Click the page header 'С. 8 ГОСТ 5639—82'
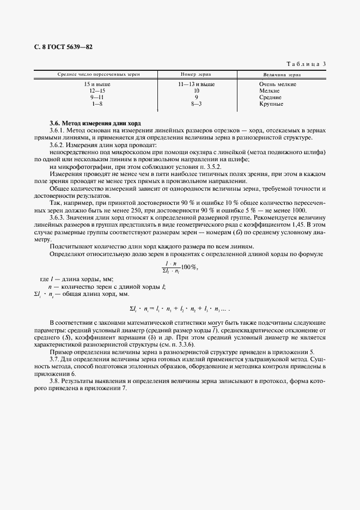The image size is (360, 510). tap(63, 47)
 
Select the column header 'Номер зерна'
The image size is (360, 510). tap(196, 74)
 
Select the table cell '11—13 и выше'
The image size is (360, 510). tap(196, 84)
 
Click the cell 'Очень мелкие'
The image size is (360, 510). tap(278, 84)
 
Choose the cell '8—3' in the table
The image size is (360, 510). tap(196, 104)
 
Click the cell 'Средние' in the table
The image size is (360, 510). tap(271, 97)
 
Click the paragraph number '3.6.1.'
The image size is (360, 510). tap(58, 131)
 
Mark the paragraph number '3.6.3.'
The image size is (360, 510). tap(58, 217)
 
